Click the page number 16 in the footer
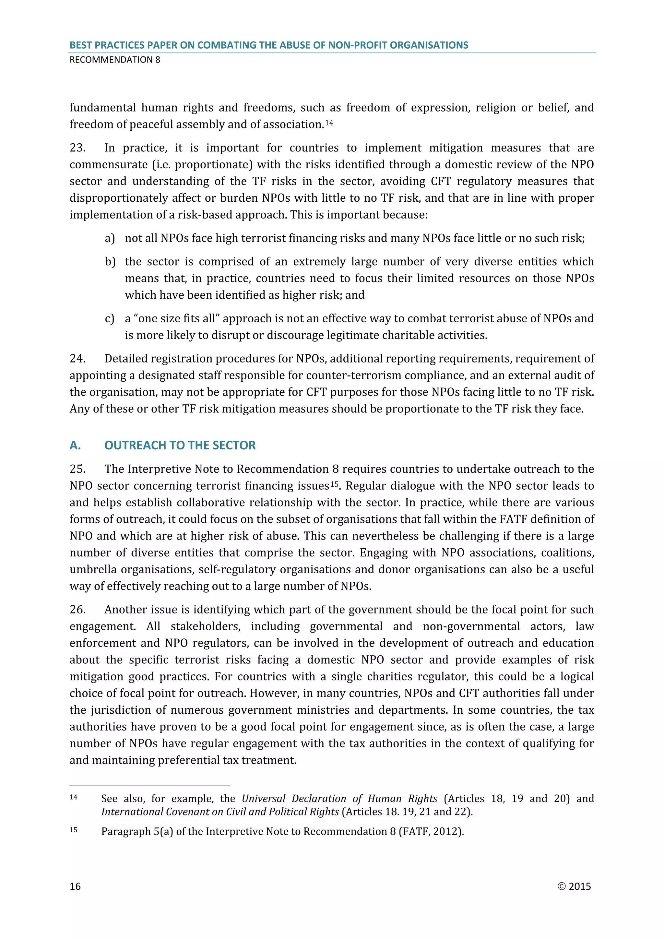pos(75,886)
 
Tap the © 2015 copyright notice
pos(574,886)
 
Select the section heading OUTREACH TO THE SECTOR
pos(180,446)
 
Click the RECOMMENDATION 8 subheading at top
pos(115,60)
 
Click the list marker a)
pos(110,238)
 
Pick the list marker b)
pos(110,262)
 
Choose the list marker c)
pos(110,319)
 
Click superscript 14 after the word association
pos(329,122)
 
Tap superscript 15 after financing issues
pos(335,484)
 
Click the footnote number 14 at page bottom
pos(74,797)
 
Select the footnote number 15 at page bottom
pos(74,830)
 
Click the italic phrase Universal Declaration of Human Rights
pos(339,799)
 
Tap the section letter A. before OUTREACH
pos(75,446)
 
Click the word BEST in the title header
pos(80,45)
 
